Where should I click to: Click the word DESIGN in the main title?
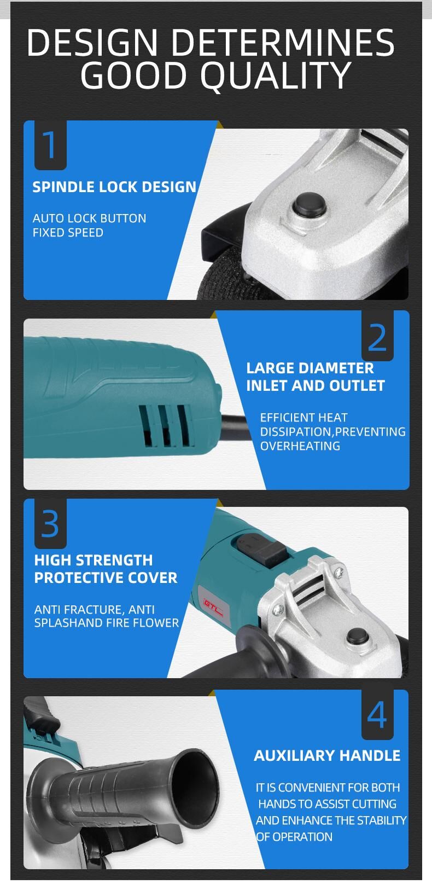click(x=93, y=42)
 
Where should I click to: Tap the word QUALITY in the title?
click(x=276, y=75)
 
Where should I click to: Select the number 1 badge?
click(x=50, y=145)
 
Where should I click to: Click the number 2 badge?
click(x=378, y=336)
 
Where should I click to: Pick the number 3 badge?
click(x=50, y=524)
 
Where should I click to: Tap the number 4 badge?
click(x=378, y=715)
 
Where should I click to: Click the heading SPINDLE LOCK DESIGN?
click(x=114, y=187)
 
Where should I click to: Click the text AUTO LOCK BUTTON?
click(x=90, y=218)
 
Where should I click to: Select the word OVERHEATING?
click(x=300, y=446)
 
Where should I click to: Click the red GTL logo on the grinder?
click(x=213, y=603)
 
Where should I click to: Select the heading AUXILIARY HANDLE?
click(x=327, y=756)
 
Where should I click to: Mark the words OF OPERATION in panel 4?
click(x=294, y=836)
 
